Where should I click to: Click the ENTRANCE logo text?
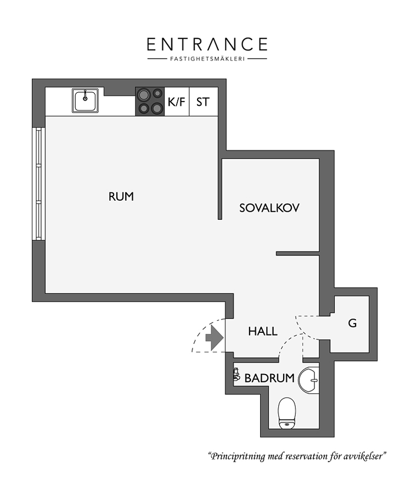coord(207,44)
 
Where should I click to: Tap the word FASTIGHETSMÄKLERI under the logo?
coord(207,59)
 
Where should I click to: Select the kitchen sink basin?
coord(85,100)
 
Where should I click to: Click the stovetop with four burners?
coord(150,101)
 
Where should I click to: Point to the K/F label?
coord(176,102)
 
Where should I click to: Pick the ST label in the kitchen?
coord(203,102)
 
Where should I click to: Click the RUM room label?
coord(121,196)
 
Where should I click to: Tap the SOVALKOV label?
coord(269,208)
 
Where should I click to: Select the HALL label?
coord(263,331)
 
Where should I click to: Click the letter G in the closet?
coord(352,324)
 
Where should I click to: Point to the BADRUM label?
coord(269,378)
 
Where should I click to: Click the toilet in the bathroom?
coord(287,413)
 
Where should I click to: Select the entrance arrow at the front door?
coord(214,338)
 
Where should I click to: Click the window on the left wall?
coord(39,184)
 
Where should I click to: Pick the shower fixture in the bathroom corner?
coord(236,375)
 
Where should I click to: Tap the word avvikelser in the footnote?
coord(364,456)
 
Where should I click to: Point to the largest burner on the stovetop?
coord(143,94)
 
